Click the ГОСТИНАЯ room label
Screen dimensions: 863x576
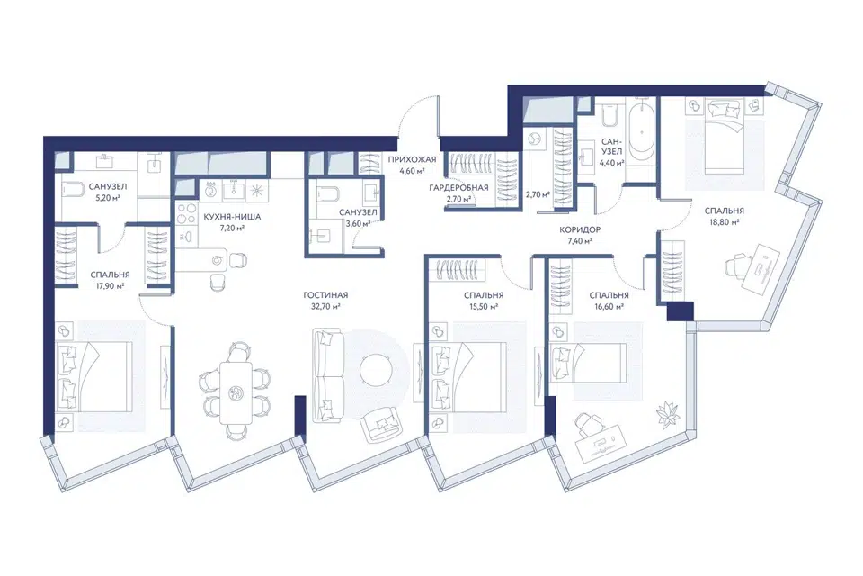(x=325, y=295)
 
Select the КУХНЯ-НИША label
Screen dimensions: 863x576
(x=232, y=217)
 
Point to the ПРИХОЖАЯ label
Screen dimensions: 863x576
(x=412, y=160)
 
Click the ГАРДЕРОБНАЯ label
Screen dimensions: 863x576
(x=458, y=188)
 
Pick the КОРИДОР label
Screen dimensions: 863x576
(x=580, y=229)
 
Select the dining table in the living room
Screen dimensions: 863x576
(x=236, y=392)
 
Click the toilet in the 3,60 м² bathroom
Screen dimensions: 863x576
(x=321, y=194)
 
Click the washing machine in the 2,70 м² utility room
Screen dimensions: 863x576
(x=534, y=140)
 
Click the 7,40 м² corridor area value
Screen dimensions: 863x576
(x=580, y=241)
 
